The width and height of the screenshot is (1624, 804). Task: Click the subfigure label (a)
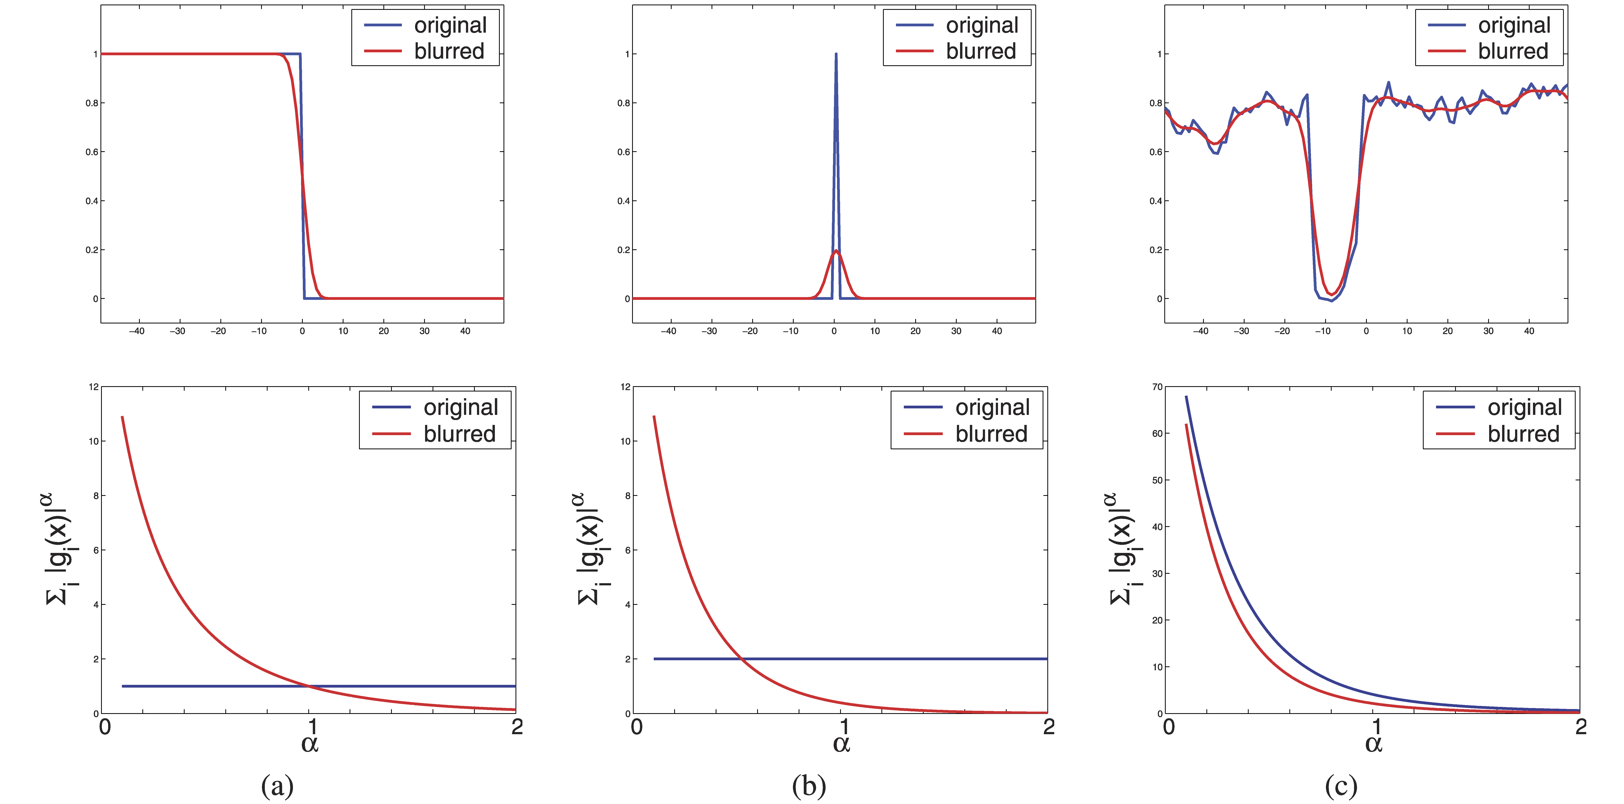click(277, 786)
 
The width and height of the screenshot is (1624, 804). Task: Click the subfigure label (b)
click(809, 786)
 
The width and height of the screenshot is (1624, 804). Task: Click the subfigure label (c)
click(1341, 786)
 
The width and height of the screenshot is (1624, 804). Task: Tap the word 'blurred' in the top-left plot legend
click(449, 51)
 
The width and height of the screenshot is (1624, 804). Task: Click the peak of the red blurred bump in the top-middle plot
click(836, 251)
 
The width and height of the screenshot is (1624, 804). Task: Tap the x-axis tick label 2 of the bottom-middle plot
click(1048, 727)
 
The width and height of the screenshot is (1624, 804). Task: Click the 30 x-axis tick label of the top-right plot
click(1489, 331)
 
